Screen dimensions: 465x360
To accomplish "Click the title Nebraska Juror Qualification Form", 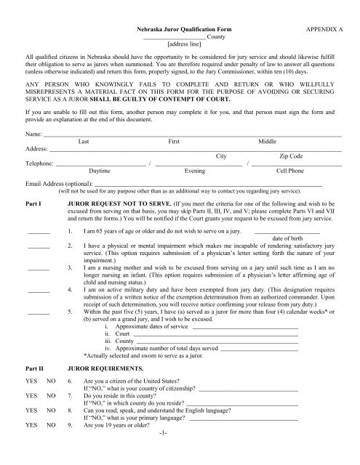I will click(180, 25).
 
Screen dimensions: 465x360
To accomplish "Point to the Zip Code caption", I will click(287, 136).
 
